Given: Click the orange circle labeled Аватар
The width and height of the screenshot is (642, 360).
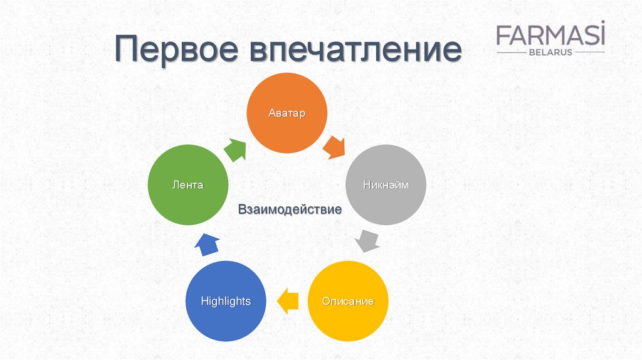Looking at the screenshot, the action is pyautogui.click(x=287, y=113).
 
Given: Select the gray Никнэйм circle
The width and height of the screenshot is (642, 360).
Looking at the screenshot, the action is pyautogui.click(x=386, y=185).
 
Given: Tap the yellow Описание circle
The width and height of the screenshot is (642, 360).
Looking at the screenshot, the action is pyautogui.click(x=347, y=301).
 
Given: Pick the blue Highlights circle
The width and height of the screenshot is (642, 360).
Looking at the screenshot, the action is pyautogui.click(x=226, y=301).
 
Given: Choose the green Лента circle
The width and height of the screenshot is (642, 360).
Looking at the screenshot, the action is pyautogui.click(x=188, y=185).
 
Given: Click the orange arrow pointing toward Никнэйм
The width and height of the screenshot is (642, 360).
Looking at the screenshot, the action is pyautogui.click(x=334, y=147).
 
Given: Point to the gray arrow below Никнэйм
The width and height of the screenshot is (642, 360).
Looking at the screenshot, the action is pyautogui.click(x=367, y=241).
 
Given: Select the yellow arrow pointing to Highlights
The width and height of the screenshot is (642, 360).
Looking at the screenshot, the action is pyautogui.click(x=287, y=301).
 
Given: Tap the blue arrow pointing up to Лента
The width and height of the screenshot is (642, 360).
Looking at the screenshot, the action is pyautogui.click(x=207, y=245).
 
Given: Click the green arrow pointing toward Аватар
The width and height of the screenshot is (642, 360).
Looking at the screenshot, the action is pyautogui.click(x=236, y=149).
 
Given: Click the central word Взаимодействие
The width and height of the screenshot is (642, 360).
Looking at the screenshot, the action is pyautogui.click(x=290, y=209).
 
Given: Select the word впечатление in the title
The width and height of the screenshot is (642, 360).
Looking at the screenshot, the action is pyautogui.click(x=355, y=49).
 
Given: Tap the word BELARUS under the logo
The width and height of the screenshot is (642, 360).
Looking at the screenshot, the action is pyautogui.click(x=550, y=53).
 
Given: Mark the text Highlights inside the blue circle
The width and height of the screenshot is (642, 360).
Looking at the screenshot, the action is pyautogui.click(x=226, y=302).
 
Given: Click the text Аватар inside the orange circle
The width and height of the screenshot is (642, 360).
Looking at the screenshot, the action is pyautogui.click(x=287, y=113).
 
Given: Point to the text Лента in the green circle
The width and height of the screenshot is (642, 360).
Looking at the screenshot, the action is pyautogui.click(x=188, y=185).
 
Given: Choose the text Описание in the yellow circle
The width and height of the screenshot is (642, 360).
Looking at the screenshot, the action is pyautogui.click(x=347, y=301).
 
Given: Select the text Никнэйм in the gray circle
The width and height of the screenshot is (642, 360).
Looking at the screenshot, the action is pyautogui.click(x=386, y=185).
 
